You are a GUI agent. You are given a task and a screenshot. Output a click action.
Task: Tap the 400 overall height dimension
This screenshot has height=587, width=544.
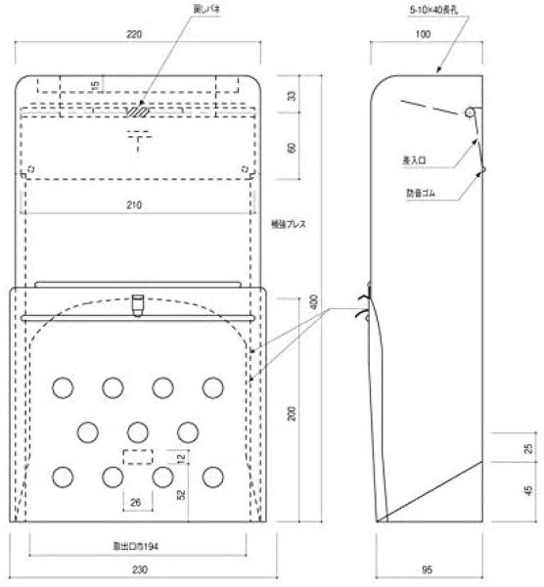[314, 303]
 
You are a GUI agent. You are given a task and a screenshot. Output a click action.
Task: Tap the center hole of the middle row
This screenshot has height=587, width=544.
[138, 430]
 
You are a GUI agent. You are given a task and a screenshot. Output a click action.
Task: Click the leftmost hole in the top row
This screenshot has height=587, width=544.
[64, 386]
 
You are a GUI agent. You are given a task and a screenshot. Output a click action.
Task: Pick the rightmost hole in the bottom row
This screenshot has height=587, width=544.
[212, 476]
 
